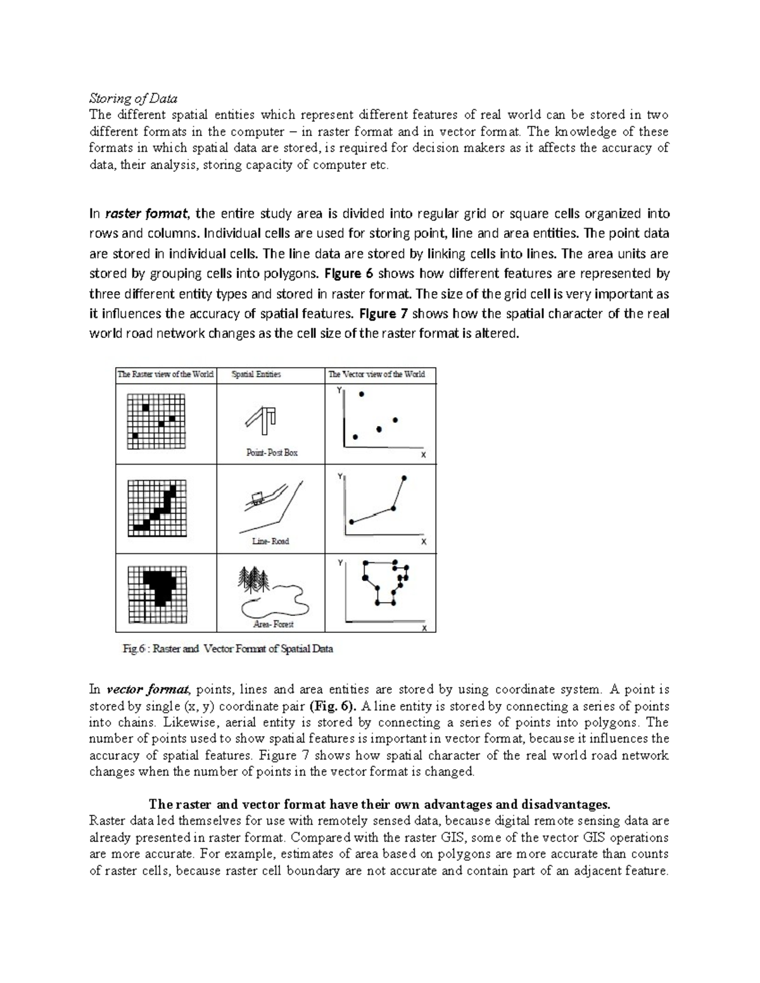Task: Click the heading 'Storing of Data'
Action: tap(133, 98)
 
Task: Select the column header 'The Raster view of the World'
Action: tap(165, 374)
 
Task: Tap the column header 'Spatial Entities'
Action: tap(256, 374)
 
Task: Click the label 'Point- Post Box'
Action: tap(272, 453)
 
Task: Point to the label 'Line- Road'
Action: tap(270, 541)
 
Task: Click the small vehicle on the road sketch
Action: tap(257, 498)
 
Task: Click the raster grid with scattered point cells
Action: tap(156, 421)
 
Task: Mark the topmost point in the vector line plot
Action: tap(405, 478)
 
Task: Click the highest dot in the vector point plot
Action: tap(362, 394)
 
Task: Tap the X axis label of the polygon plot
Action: tap(424, 629)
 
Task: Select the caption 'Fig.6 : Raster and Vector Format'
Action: tap(227, 649)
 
